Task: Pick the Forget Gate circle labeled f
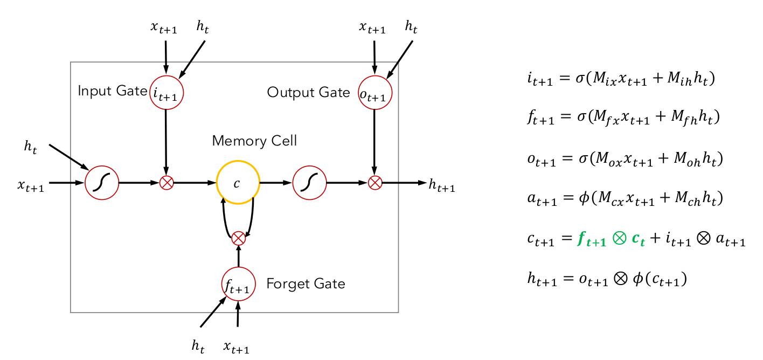pyautogui.click(x=238, y=285)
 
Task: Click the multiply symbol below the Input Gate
pyautogui.click(x=167, y=183)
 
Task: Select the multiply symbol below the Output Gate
pyautogui.click(x=374, y=183)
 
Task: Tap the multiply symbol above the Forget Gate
pyautogui.click(x=238, y=238)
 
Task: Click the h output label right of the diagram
pyautogui.click(x=442, y=186)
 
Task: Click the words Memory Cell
pyautogui.click(x=254, y=141)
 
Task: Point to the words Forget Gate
pyautogui.click(x=306, y=284)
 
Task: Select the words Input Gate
pyautogui.click(x=112, y=91)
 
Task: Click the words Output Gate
pyautogui.click(x=308, y=93)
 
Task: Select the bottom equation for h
pyautogui.click(x=607, y=279)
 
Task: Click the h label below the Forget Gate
pyautogui.click(x=198, y=347)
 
